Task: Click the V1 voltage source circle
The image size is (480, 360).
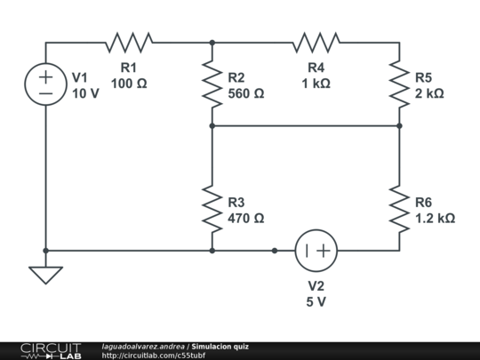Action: click(45, 63)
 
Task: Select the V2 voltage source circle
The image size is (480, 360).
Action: click(316, 229)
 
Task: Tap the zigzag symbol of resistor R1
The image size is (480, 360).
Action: click(129, 43)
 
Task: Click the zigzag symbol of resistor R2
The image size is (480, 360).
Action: click(212, 84)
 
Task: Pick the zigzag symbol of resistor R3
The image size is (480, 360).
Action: click(212, 209)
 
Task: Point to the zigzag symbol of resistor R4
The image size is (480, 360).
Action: click(316, 43)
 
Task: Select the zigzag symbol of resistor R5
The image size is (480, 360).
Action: click(399, 84)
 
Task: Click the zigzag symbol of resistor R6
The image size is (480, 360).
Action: click(399, 209)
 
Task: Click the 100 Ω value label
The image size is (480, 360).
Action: click(129, 84)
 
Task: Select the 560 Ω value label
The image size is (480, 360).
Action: click(246, 93)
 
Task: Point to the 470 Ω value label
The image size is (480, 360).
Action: click(246, 219)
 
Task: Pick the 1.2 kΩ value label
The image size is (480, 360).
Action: click(435, 219)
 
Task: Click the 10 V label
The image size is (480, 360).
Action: click(85, 93)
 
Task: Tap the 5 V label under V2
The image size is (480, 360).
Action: click(316, 302)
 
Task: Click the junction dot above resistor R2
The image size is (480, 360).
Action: click(212, 43)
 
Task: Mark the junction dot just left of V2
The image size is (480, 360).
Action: click(275, 251)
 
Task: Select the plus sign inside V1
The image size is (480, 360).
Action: click(45, 76)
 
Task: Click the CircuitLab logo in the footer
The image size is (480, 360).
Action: click(51, 351)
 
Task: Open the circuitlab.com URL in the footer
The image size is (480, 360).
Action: click(154, 356)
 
